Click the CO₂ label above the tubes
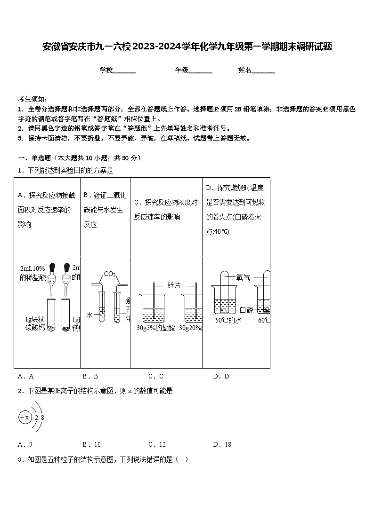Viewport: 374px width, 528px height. point(110,274)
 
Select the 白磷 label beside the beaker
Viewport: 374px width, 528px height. point(246,310)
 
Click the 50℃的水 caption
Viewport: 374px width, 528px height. point(228,321)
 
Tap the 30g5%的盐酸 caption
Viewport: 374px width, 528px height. point(155,328)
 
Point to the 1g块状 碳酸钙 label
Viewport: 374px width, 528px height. point(35,324)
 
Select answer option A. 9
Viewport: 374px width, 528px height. point(25,444)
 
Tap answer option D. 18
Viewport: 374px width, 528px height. point(221,444)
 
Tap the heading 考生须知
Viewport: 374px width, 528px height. point(32,99)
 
